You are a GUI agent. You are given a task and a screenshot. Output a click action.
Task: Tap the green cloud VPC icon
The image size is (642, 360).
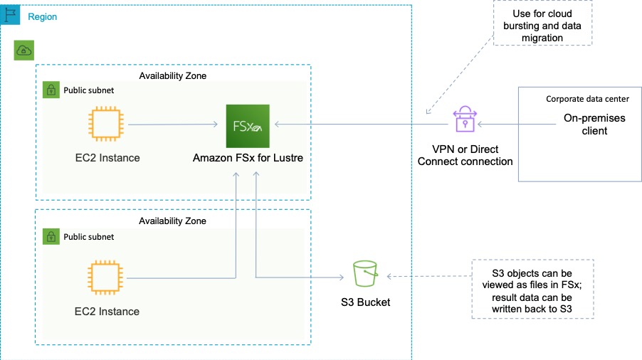tap(23, 50)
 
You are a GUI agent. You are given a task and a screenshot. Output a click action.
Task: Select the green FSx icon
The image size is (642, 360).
tap(247, 125)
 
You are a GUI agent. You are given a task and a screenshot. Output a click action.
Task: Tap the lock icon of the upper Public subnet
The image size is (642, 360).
tap(51, 90)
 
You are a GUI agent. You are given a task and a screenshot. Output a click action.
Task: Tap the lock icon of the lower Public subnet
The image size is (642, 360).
tap(51, 236)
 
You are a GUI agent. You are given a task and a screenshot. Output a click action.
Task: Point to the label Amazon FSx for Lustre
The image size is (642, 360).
tap(248, 158)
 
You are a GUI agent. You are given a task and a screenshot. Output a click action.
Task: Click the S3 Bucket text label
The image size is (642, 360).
tap(365, 302)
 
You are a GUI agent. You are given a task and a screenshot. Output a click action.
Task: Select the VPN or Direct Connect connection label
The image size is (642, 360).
tap(465, 155)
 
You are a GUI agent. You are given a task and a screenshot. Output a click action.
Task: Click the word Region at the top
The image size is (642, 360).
tap(42, 16)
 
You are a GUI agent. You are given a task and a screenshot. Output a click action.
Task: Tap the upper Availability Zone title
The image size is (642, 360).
tap(172, 75)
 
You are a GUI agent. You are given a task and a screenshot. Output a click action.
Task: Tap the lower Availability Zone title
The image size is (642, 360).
tap(172, 221)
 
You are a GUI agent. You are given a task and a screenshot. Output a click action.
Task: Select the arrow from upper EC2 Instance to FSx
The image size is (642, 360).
tap(174, 125)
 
